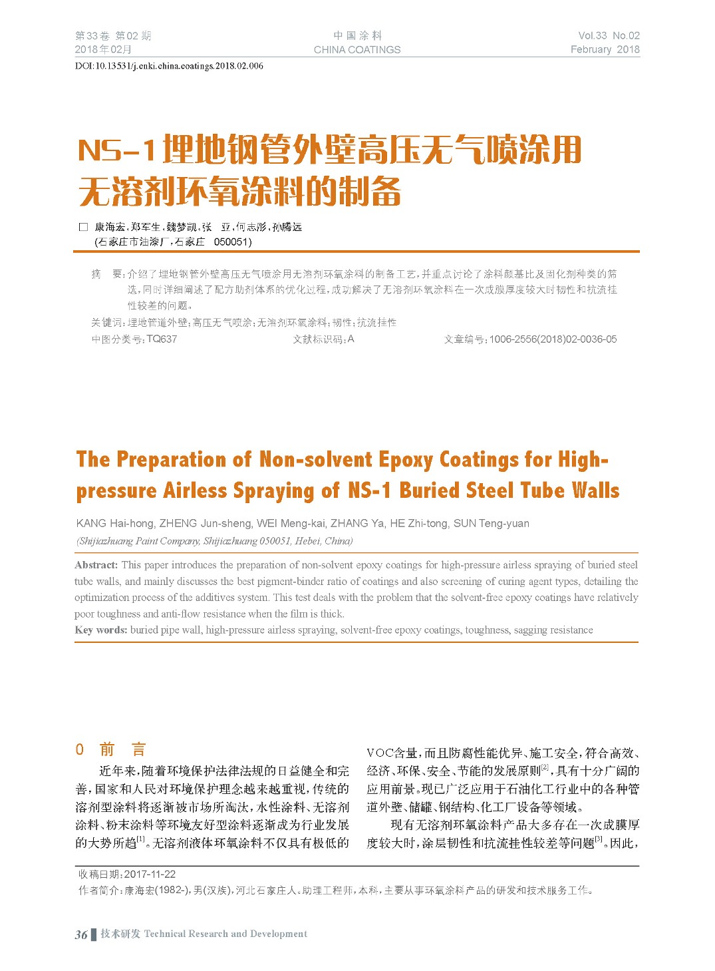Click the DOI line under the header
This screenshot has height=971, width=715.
(169, 66)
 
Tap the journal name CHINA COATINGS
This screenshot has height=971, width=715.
(357, 50)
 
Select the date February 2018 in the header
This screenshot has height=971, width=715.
(605, 50)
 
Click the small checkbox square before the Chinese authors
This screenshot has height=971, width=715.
(83, 227)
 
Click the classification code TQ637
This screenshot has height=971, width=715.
(162, 339)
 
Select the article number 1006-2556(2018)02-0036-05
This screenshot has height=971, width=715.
(553, 339)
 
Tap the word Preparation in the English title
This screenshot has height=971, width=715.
(171, 460)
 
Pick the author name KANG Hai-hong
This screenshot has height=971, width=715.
(115, 524)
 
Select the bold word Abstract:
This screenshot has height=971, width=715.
(96, 565)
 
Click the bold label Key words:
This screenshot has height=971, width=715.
(101, 630)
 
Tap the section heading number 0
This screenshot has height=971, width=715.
(80, 750)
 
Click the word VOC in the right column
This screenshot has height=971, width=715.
(380, 753)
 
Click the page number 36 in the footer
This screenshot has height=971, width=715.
(81, 934)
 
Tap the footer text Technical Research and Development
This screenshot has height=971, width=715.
(225, 934)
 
